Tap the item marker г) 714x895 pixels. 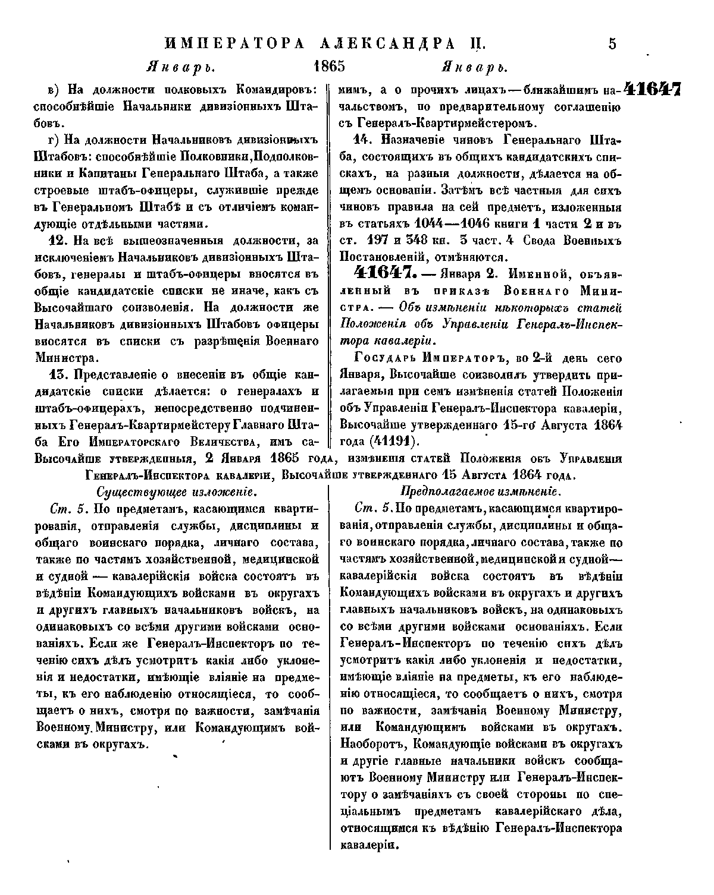point(52,141)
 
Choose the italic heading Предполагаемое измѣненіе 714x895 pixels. point(480,492)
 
